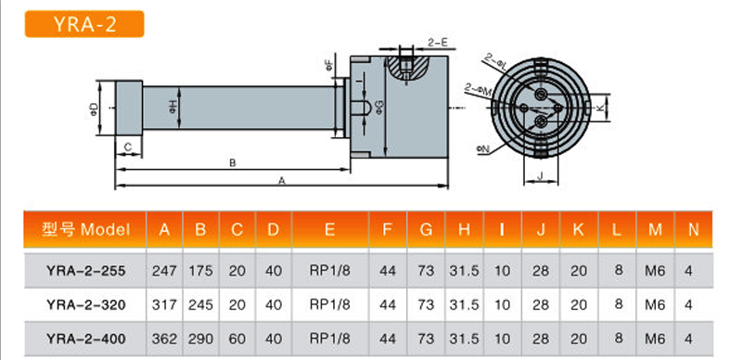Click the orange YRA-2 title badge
(84, 24)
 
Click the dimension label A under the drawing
(281, 181)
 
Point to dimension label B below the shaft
(233, 163)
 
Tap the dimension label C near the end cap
(127, 148)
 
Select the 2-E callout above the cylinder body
(438, 43)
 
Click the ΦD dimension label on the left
(96, 109)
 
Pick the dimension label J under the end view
(541, 176)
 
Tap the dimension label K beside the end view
(601, 108)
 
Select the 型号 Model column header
(85, 230)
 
